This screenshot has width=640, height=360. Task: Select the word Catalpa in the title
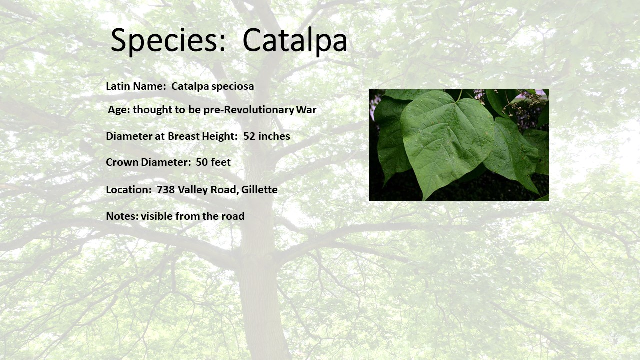coord(295,41)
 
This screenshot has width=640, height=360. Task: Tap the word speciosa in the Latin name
coord(233,87)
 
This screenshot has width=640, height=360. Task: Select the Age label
coord(119,110)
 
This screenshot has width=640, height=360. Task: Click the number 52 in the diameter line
coord(249,136)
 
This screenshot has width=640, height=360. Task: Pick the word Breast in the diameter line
coord(184,136)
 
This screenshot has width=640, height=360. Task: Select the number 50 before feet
coord(201,162)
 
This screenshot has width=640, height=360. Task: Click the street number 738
coord(166,190)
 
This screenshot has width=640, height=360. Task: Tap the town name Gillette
coord(259,190)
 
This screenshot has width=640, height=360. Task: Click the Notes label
coord(122,216)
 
